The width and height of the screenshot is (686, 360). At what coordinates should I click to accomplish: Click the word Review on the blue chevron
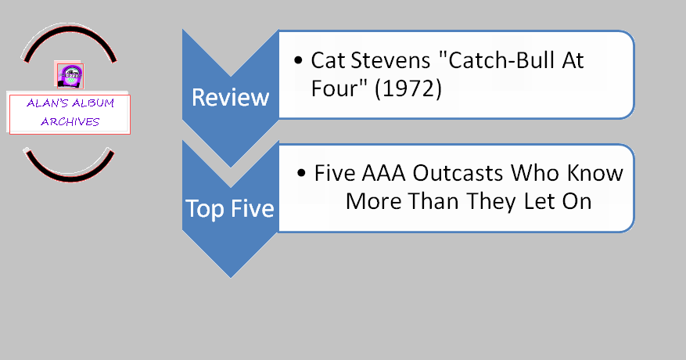tap(230, 97)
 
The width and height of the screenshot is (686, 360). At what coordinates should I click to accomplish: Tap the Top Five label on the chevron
tap(230, 208)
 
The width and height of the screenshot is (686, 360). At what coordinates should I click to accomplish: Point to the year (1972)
tap(408, 89)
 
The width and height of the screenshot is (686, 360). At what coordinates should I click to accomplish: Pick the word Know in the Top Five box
tap(595, 173)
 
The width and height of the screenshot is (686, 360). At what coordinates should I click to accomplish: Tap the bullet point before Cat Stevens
tap(298, 60)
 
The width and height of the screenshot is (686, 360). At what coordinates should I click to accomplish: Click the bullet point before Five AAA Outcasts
tap(301, 173)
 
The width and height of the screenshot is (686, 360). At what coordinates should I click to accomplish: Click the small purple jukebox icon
tap(70, 76)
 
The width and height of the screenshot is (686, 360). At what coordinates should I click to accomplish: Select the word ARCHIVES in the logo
tap(70, 122)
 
